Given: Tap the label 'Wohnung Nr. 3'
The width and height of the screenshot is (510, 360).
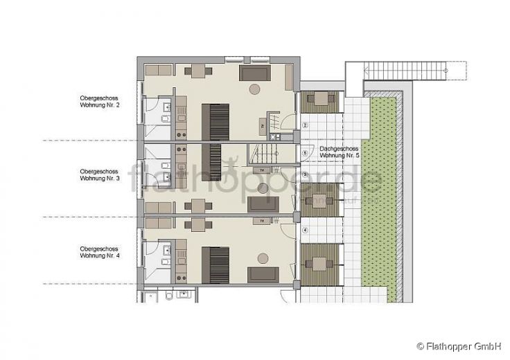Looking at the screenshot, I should pyautogui.click(x=100, y=178).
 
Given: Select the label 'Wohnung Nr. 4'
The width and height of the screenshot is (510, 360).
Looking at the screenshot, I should pyautogui.click(x=100, y=255).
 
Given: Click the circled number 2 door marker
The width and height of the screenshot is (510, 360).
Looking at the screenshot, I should pyautogui.click(x=305, y=125).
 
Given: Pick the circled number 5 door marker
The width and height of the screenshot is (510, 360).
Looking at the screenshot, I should pyautogui.click(x=305, y=153).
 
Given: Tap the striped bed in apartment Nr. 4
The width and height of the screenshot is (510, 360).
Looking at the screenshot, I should pyautogui.click(x=215, y=264).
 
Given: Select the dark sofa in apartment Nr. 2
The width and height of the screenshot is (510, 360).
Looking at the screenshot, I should pyautogui.click(x=255, y=73).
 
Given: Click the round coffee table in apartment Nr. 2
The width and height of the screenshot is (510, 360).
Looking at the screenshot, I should pyautogui.click(x=255, y=89).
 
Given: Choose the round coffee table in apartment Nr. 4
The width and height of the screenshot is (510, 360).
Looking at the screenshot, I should pyautogui.click(x=263, y=258).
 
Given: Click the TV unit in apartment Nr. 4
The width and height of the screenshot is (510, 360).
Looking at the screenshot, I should pyautogui.click(x=263, y=221).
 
